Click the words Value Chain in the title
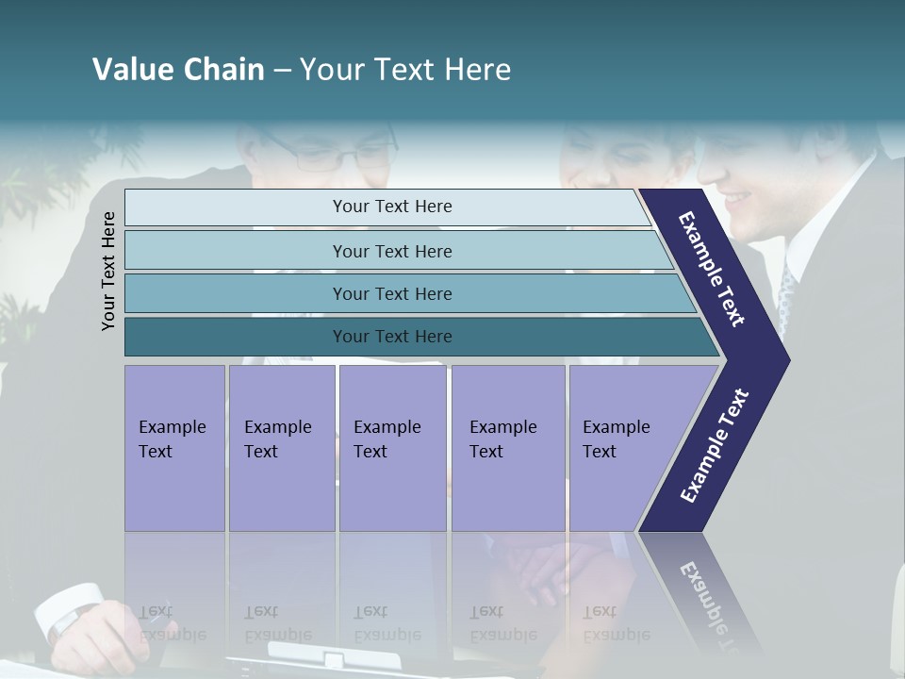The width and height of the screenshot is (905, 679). (x=178, y=70)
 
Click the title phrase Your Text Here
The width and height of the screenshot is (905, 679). (x=405, y=70)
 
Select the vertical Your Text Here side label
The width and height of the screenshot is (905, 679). (x=109, y=272)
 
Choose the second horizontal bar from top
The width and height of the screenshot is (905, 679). (x=391, y=251)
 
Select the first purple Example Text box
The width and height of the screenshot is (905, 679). (x=174, y=448)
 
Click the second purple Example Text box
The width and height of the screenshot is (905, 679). (x=282, y=448)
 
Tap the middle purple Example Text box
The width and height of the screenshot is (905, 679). (x=392, y=448)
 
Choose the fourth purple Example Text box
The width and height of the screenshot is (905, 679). (x=508, y=448)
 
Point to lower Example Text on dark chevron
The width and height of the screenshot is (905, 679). (x=714, y=446)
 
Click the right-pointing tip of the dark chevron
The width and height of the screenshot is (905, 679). (x=784, y=359)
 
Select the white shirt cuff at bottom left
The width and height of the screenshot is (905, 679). (x=71, y=608)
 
